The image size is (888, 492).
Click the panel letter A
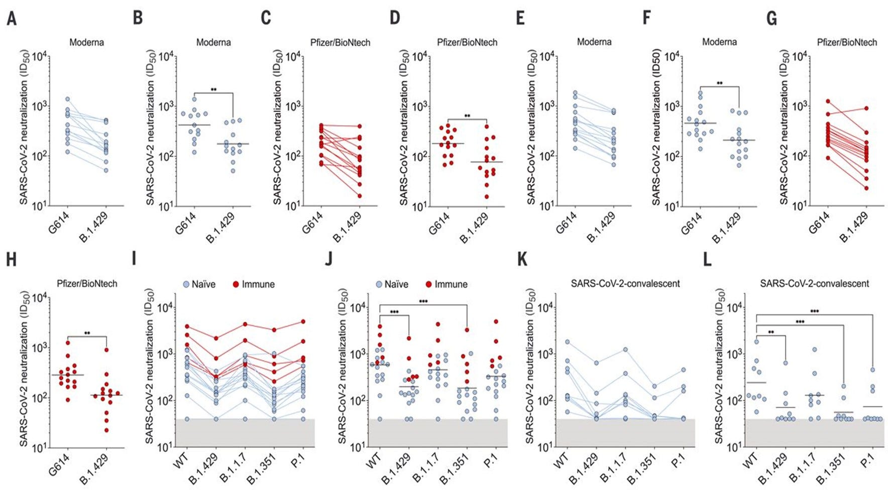pos(12,19)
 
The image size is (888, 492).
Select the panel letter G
pos(772,19)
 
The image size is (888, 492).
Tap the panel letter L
pos(707,260)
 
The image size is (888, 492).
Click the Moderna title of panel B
pos(213,42)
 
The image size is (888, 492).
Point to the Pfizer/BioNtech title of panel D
pos(467,42)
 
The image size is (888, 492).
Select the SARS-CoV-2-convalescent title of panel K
pos(625,284)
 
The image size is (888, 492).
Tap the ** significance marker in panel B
pos(213,90)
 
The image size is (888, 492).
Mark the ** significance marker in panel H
pos(87,333)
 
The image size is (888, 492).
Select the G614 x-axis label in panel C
pos(312,223)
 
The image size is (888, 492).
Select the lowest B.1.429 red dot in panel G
pos(866,188)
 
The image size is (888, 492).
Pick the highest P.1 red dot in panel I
pos(303,322)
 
